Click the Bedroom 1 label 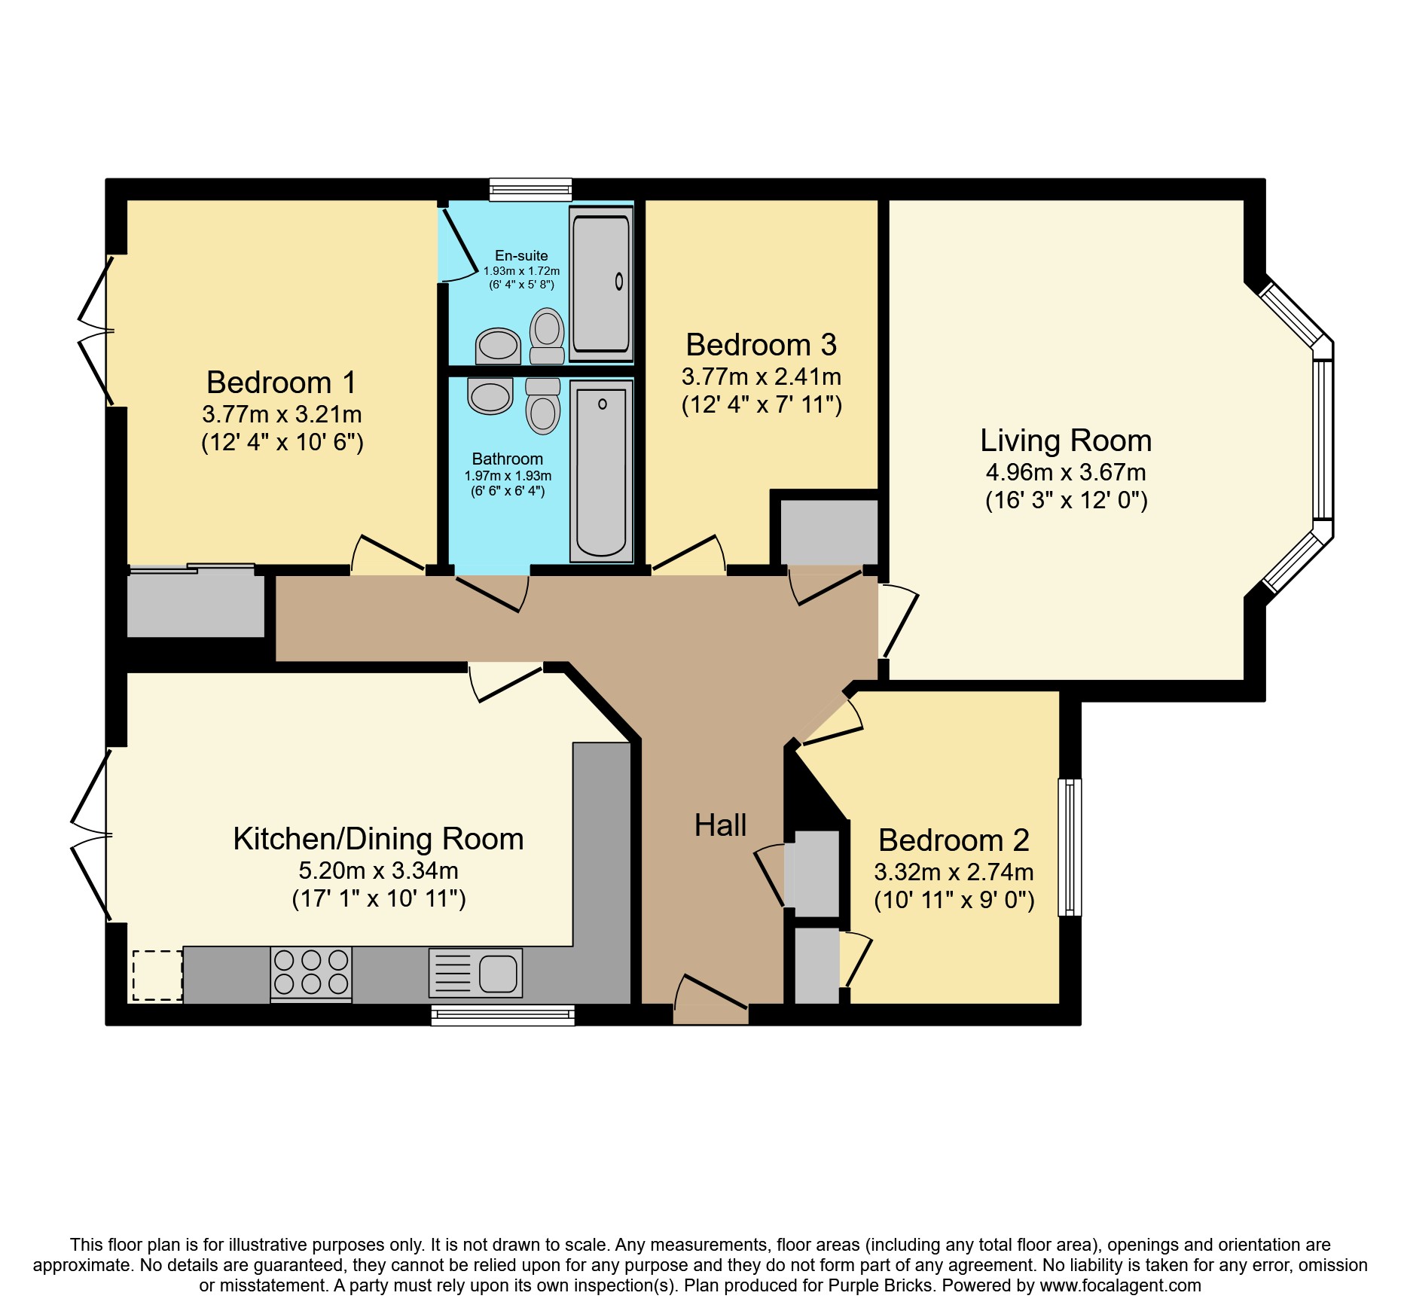(281, 383)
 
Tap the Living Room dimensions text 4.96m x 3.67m (1066, 472)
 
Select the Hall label (720, 825)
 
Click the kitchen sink (475, 973)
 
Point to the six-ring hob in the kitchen (311, 973)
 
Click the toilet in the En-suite (547, 337)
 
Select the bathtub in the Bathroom (601, 471)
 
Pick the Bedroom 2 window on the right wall (1070, 847)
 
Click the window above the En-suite (530, 189)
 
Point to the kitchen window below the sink (503, 1015)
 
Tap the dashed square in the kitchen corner (158, 976)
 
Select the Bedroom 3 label (761, 345)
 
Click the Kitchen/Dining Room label (378, 839)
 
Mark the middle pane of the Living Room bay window (1323, 440)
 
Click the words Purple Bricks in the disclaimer (881, 1285)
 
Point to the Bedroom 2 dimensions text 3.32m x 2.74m (954, 872)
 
